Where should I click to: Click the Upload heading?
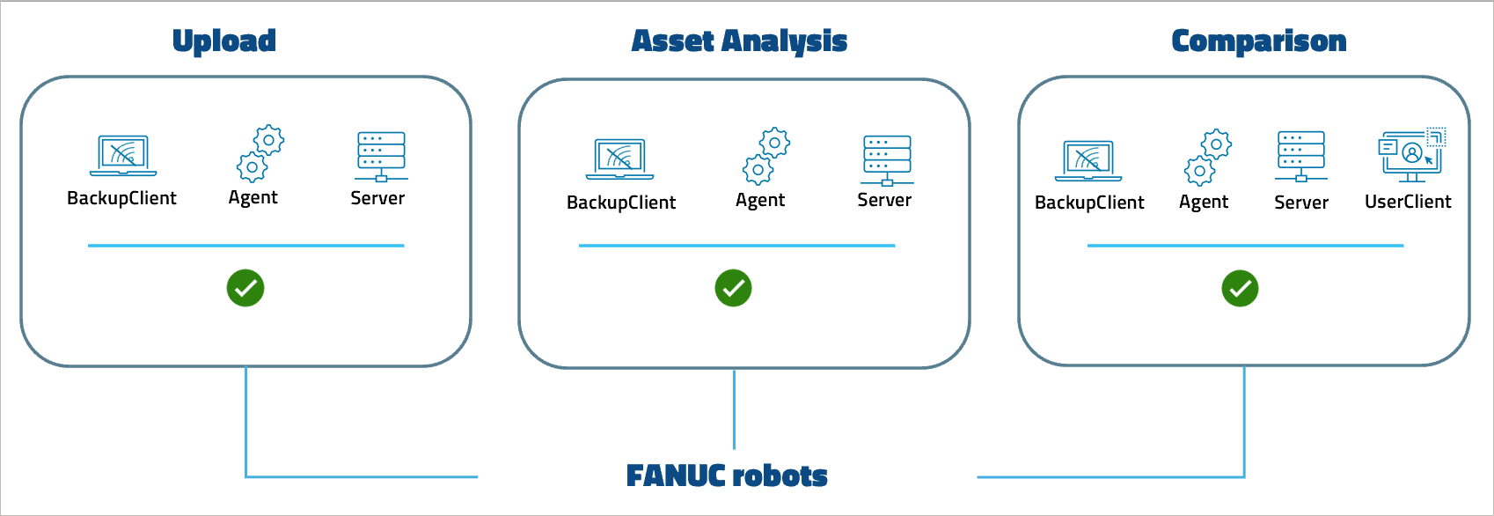tap(223, 41)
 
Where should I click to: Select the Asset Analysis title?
tap(739, 41)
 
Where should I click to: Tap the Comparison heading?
tap(1258, 41)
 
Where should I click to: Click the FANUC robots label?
tap(727, 475)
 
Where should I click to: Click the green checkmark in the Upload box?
tap(245, 288)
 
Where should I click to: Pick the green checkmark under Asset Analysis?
tap(733, 288)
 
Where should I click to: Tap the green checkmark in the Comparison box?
tap(1240, 288)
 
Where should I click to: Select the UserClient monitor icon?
tap(1411, 155)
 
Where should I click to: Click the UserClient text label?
tap(1408, 202)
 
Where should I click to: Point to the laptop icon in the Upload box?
tap(123, 156)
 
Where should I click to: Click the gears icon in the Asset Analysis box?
tap(766, 156)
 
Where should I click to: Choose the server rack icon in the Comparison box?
tap(1301, 156)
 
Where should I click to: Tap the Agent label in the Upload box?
tap(253, 198)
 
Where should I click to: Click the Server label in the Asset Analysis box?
tap(884, 200)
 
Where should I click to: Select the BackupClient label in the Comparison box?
tap(1089, 203)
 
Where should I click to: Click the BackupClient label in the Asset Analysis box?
tap(621, 203)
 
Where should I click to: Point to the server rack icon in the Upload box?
tap(381, 156)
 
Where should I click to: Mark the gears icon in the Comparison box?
tap(1207, 157)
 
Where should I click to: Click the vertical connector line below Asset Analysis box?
tap(734, 409)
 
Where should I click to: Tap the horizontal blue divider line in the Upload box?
tap(245, 246)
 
